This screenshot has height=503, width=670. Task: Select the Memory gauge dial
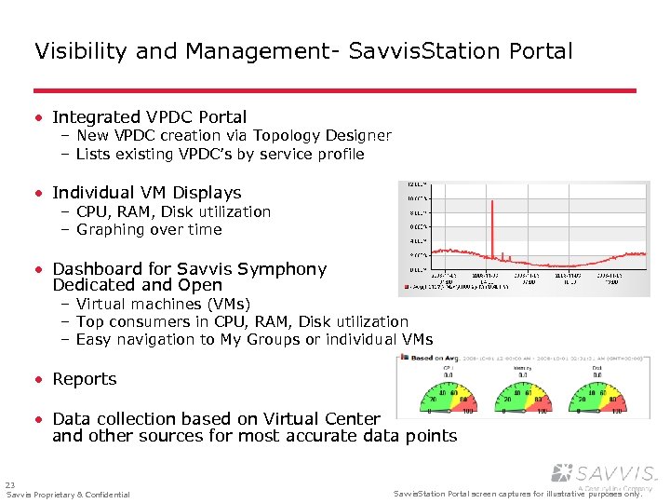[523, 395]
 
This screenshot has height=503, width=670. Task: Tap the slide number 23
[10, 484]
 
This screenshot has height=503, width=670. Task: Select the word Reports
[85, 379]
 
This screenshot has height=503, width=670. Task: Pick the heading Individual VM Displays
[147, 193]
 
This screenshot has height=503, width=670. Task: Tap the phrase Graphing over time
[149, 229]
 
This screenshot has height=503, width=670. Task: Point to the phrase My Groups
[262, 340]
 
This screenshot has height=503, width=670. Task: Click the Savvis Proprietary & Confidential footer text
[68, 495]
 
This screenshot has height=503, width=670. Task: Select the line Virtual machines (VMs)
[163, 305]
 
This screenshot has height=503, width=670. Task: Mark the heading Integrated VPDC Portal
[150, 117]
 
